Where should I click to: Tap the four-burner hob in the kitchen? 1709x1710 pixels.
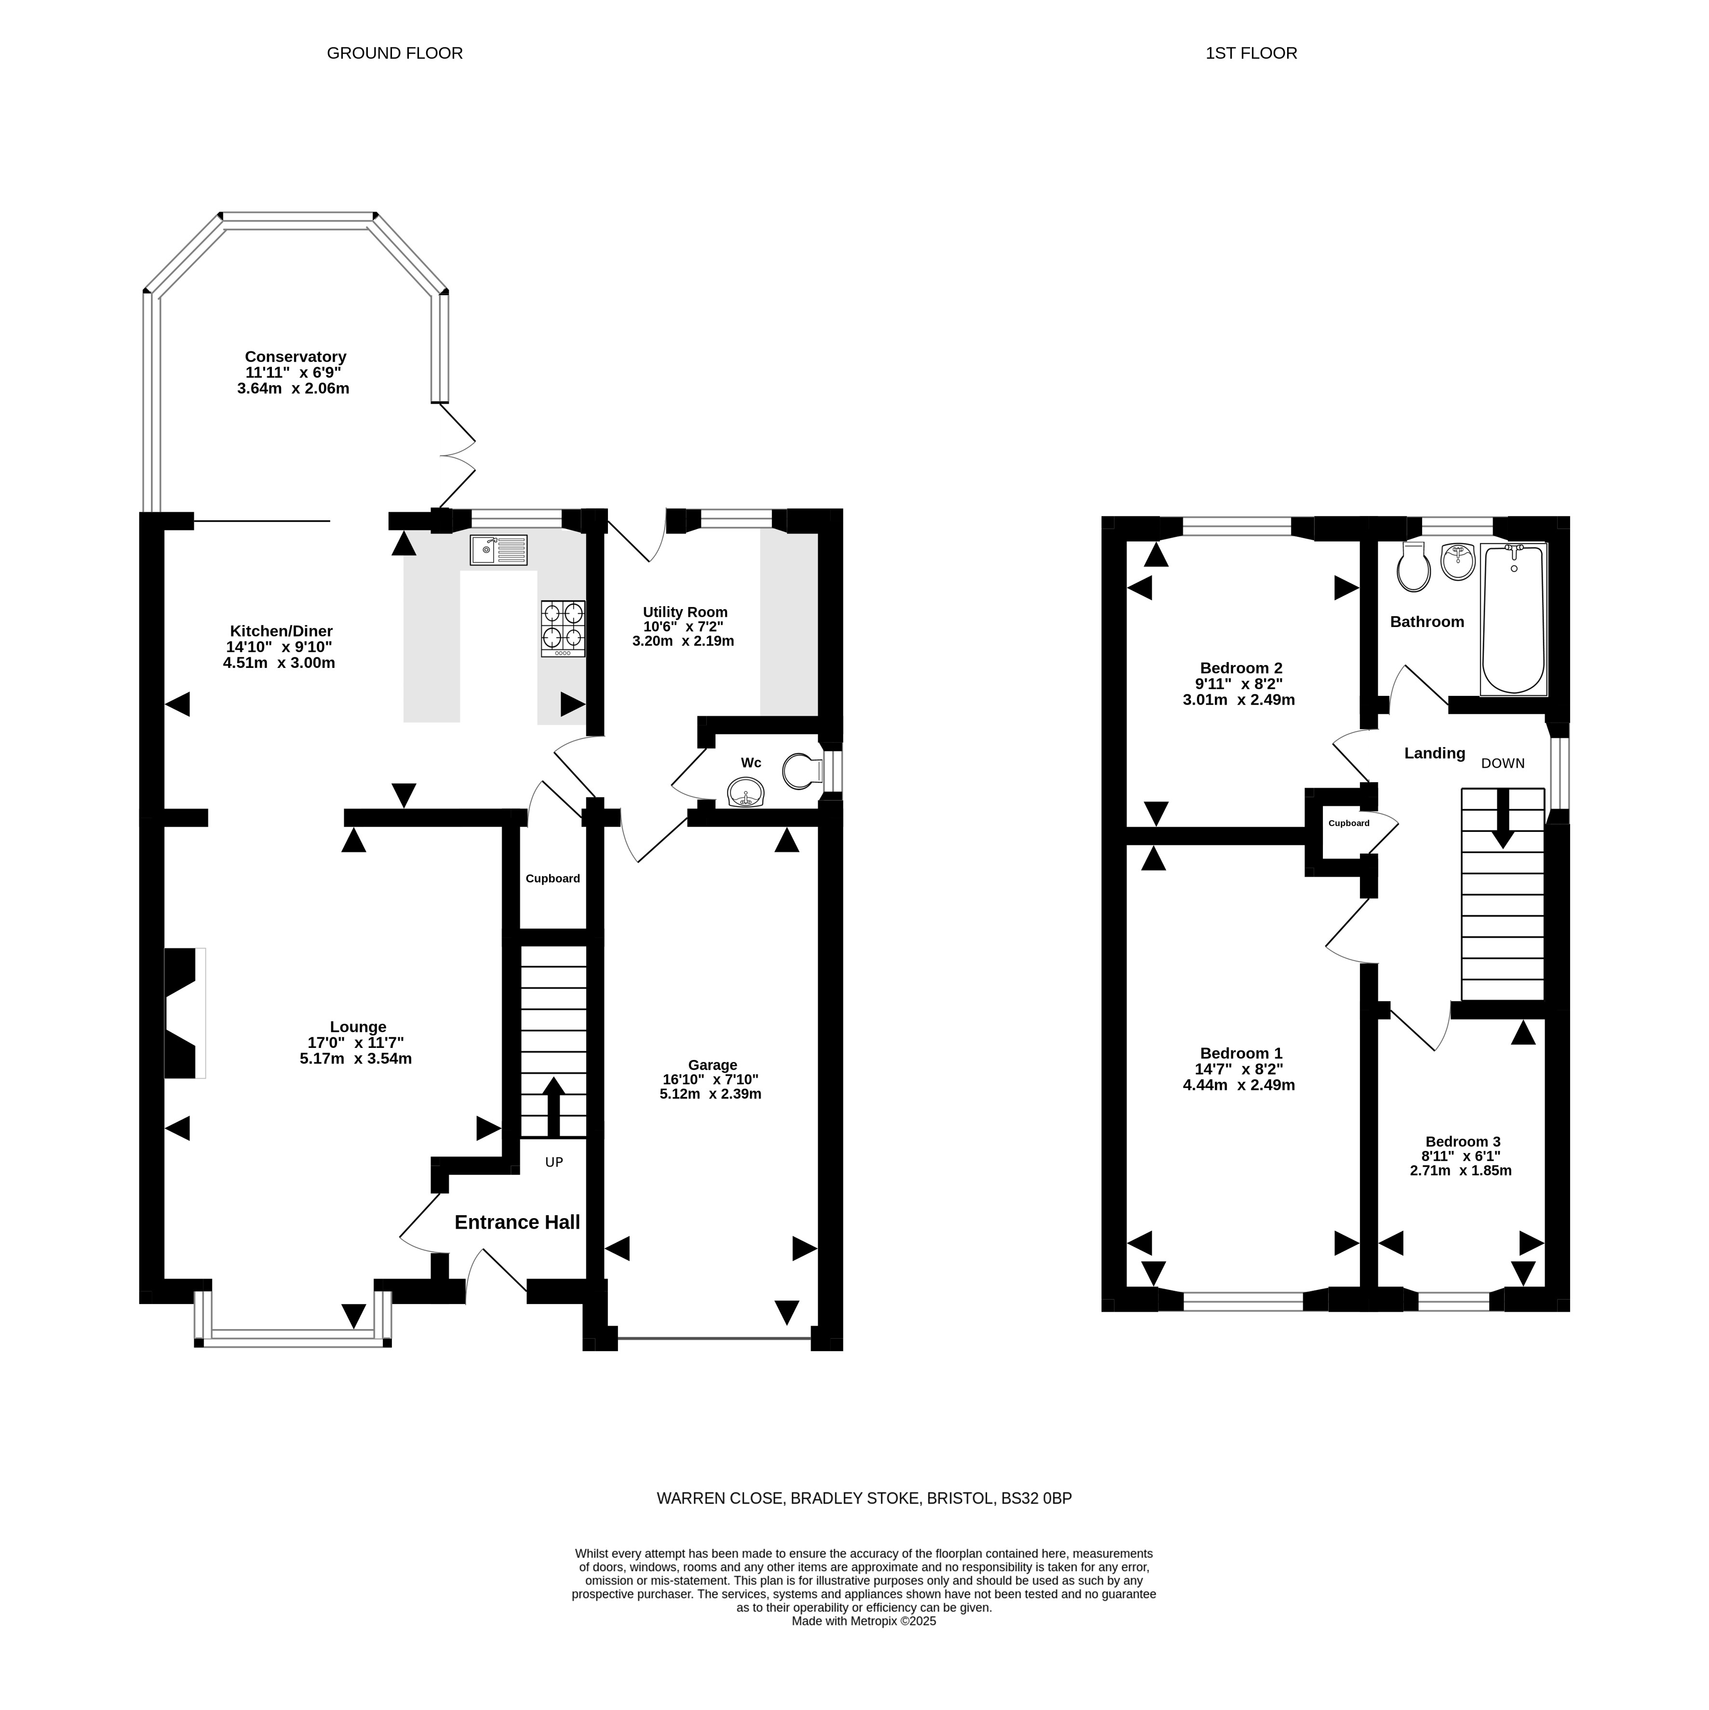click(x=563, y=628)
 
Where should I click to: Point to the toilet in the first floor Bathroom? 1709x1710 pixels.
click(x=1413, y=567)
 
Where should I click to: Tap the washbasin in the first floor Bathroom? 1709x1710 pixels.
click(x=1458, y=562)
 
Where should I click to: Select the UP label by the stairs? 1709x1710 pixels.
click(x=554, y=1162)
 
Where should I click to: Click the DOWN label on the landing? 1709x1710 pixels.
click(x=1503, y=763)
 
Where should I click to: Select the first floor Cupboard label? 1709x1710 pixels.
click(x=1349, y=823)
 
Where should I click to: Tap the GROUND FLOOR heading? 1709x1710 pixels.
click(x=395, y=53)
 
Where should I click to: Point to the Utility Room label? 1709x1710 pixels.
click(x=685, y=611)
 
